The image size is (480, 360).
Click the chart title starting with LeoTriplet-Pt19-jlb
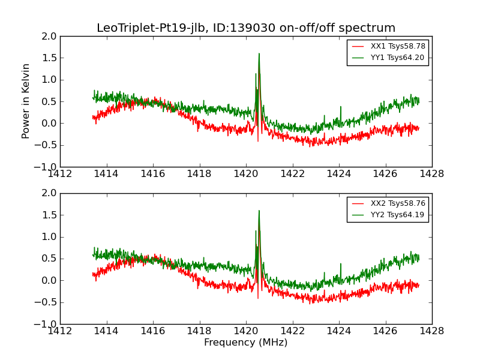pyautogui.click(x=246, y=28)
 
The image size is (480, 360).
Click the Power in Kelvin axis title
pyautogui.click(x=26, y=101)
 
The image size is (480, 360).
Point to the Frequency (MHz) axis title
pyautogui.click(x=246, y=343)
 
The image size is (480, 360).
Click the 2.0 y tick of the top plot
pyautogui.click(x=50, y=37)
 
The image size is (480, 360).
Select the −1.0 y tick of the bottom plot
pyautogui.click(x=47, y=324)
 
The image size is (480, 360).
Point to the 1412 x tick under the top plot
pyautogui.click(x=60, y=174)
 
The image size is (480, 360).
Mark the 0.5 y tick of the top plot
pyautogui.click(x=50, y=101)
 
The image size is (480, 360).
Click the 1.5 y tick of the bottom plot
pyautogui.click(x=50, y=215)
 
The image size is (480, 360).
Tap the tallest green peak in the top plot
pyautogui.click(x=259, y=54)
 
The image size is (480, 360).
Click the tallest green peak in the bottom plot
pyautogui.click(x=259, y=211)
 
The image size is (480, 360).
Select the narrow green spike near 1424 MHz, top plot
pyautogui.click(x=340, y=107)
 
